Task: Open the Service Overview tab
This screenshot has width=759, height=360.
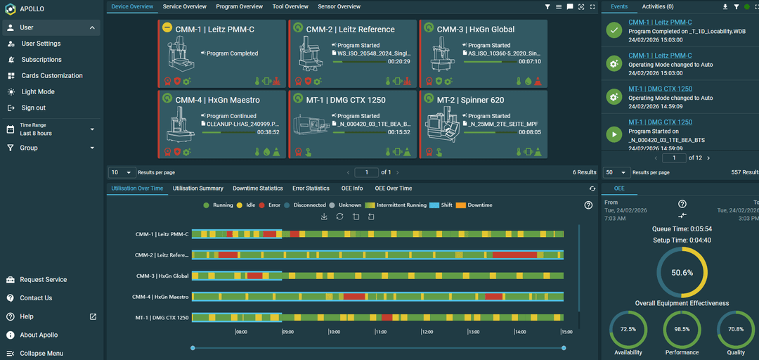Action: [184, 6]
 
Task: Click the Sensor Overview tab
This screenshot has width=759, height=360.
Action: [339, 6]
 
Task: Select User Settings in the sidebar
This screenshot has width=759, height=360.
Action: [41, 44]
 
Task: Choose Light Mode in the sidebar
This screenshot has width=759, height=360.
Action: [38, 92]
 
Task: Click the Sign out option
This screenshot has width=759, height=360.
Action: [33, 108]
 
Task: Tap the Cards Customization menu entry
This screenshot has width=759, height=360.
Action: [52, 76]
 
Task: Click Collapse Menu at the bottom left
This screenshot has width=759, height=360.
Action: [41, 353]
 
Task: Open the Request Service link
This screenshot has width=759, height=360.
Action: [43, 280]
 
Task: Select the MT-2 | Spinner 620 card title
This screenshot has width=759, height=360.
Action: [470, 100]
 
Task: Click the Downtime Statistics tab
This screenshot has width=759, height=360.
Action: [257, 188]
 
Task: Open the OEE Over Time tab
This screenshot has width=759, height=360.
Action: [393, 188]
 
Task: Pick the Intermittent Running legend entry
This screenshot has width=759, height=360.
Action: [401, 205]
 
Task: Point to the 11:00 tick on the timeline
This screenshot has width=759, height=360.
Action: [380, 332]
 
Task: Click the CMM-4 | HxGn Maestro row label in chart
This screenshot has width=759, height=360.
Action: [160, 297]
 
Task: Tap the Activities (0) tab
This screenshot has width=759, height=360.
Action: [657, 6]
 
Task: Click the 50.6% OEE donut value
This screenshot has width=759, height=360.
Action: [682, 273]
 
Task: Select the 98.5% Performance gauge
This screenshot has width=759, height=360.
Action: [682, 329]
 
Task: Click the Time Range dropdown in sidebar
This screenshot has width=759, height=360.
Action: [49, 129]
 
